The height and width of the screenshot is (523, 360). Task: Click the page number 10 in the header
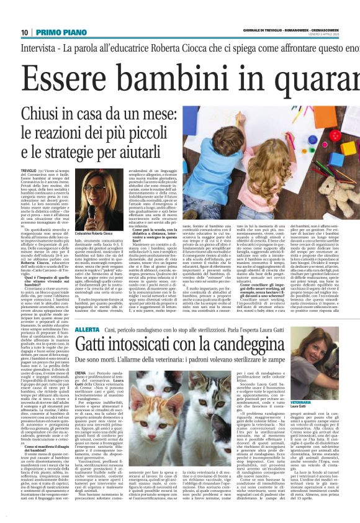[25, 32]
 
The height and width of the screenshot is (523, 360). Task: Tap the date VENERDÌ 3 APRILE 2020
[335, 35]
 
